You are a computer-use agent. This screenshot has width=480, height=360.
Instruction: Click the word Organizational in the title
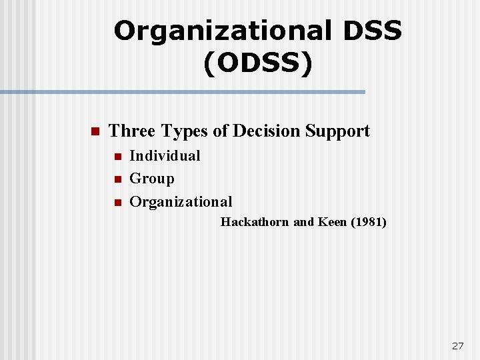click(222, 31)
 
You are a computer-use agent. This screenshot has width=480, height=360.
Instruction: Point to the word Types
click(185, 132)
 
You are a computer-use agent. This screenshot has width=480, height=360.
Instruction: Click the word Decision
click(265, 131)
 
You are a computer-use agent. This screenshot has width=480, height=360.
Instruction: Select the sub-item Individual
click(165, 156)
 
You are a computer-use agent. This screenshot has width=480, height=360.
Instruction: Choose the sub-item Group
click(152, 179)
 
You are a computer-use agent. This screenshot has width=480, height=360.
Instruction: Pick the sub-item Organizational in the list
click(181, 201)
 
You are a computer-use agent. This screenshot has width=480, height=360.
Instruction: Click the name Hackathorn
click(255, 222)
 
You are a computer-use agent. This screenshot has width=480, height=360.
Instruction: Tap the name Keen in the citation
click(332, 222)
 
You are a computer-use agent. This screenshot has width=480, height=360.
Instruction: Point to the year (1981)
click(368, 222)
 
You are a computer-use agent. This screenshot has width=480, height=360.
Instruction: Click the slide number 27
click(457, 346)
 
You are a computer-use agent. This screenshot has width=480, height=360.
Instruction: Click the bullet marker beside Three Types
click(94, 131)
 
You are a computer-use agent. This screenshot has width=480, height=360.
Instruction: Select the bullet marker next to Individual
click(117, 157)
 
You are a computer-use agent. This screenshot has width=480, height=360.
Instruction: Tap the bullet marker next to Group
click(117, 179)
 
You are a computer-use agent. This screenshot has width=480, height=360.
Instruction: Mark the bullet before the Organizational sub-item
click(117, 202)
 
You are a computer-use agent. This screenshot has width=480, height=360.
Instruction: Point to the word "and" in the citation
click(303, 222)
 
